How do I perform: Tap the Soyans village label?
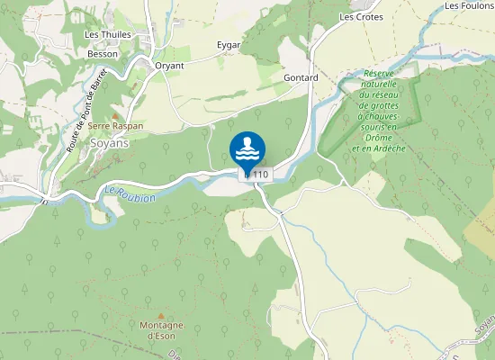click(x=109, y=143)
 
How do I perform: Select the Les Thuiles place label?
click(x=108, y=35)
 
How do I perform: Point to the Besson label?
click(x=103, y=54)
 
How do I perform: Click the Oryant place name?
click(x=169, y=66)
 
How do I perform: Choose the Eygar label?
click(x=229, y=44)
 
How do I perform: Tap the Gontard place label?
click(x=301, y=78)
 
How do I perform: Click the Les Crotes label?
click(x=361, y=17)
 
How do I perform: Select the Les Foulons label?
click(x=470, y=5)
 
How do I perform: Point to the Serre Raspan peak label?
click(x=115, y=127)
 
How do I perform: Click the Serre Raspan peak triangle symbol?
click(x=114, y=116)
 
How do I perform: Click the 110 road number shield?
click(x=259, y=174)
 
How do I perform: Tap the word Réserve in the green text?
click(x=381, y=73)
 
